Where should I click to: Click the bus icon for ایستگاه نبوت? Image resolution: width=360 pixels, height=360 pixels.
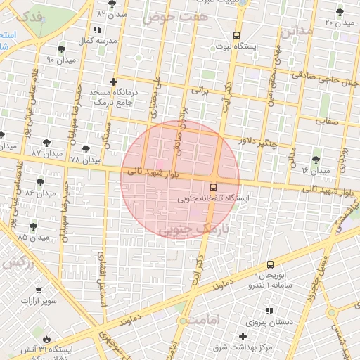[236, 35]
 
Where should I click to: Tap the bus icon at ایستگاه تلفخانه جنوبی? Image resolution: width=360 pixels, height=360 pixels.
[212, 186]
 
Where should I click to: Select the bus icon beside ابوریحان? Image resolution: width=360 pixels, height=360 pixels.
[271, 265]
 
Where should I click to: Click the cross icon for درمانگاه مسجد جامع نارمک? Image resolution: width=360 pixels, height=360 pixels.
[113, 82]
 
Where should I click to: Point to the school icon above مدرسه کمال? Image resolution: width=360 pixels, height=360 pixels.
[96, 30]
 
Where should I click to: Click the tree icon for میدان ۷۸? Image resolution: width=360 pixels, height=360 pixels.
[86, 149]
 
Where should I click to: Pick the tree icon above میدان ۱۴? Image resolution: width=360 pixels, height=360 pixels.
[316, 160]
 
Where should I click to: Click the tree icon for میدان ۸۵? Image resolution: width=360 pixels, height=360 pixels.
[33, 226]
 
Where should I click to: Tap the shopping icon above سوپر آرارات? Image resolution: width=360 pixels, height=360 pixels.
[39, 290]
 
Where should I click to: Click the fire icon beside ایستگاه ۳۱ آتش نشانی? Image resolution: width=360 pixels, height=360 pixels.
[46, 337]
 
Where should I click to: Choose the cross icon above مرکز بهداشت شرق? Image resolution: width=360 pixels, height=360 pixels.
[243, 337]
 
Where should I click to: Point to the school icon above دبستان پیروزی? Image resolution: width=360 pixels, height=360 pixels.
[269, 311]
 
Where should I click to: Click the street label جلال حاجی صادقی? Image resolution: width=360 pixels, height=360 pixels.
[331, 79]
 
